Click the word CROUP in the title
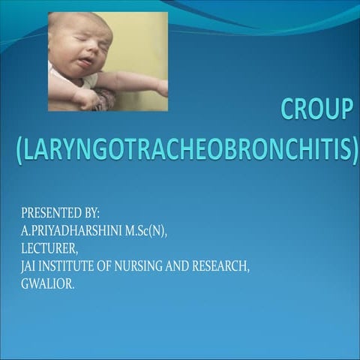click(316, 110)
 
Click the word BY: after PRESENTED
click(90, 214)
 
